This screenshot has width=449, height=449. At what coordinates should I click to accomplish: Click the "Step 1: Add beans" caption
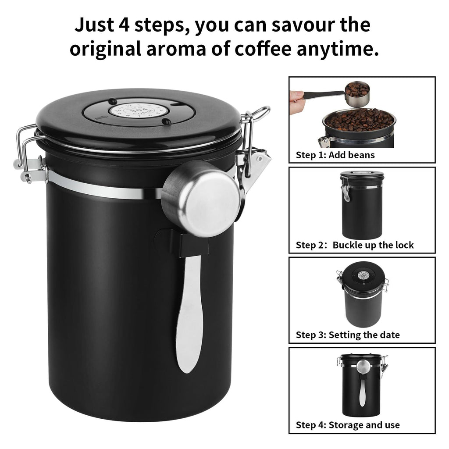(x=335, y=155)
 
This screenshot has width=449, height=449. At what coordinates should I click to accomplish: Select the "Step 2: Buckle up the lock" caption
(x=354, y=245)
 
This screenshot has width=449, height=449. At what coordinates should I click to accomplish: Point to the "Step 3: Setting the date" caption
(x=347, y=335)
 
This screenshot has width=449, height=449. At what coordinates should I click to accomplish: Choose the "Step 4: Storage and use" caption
(x=347, y=425)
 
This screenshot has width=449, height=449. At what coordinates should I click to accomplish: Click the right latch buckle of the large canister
(x=254, y=153)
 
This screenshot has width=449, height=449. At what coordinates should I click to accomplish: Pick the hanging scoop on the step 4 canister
(x=362, y=381)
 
